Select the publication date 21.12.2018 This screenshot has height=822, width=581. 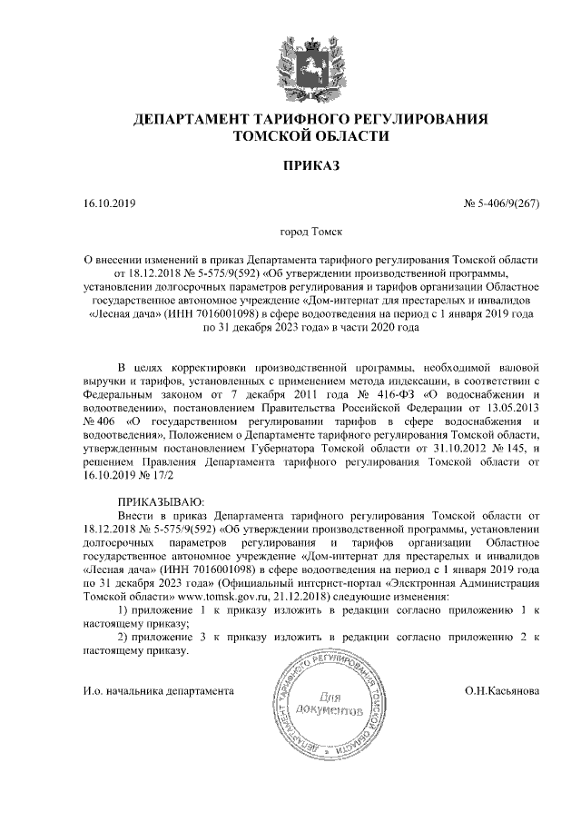pos(301,595)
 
